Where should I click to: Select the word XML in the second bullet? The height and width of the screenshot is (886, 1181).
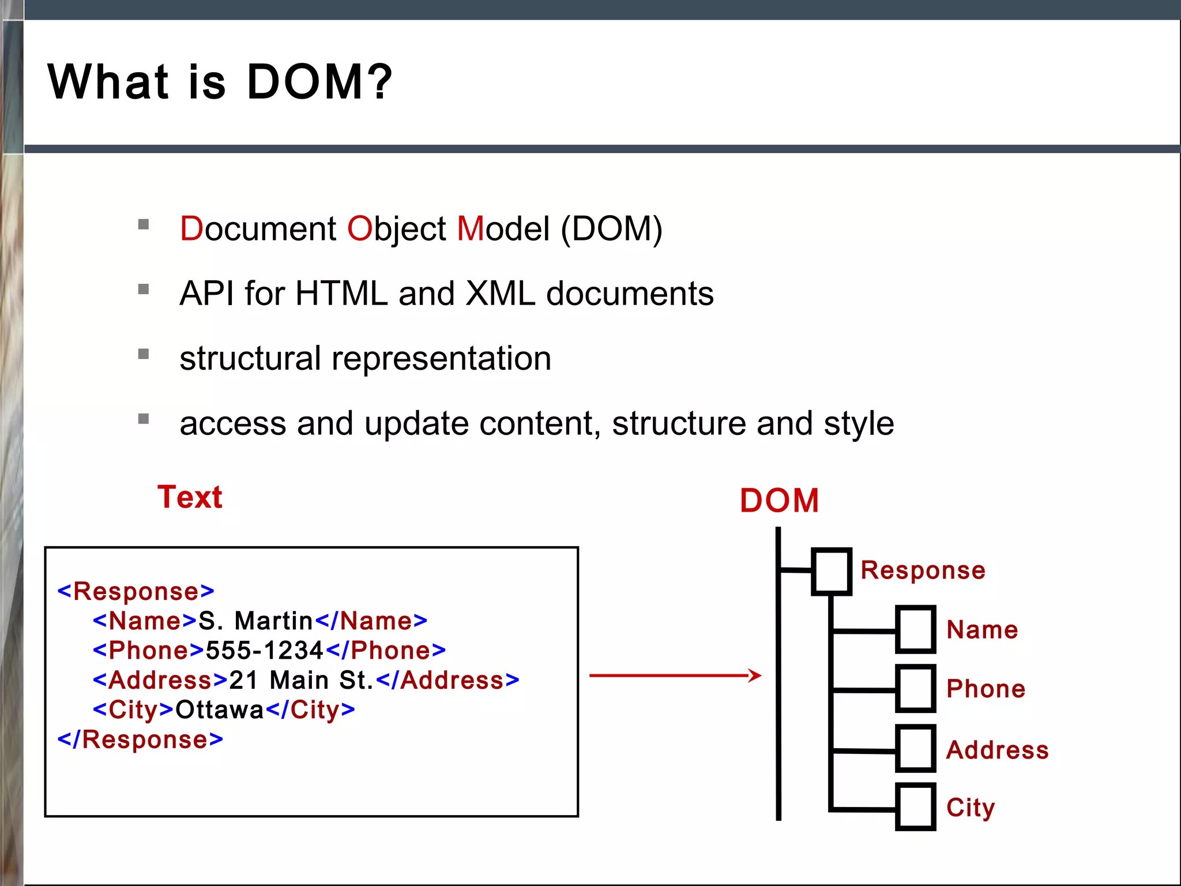pyautogui.click(x=500, y=294)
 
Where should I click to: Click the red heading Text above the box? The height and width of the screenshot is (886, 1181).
pyautogui.click(x=190, y=497)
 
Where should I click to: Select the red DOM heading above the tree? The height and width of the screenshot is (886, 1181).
pyautogui.click(x=779, y=500)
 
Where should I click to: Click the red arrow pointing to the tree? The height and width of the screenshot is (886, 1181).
pyautogui.click(x=675, y=675)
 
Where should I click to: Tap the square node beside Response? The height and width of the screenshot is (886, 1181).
pyautogui.click(x=831, y=572)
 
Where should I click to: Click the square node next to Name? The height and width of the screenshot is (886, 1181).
pyautogui.click(x=915, y=629)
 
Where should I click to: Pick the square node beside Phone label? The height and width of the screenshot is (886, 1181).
pyautogui.click(x=915, y=689)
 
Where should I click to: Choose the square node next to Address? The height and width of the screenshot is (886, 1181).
pyautogui.click(x=915, y=749)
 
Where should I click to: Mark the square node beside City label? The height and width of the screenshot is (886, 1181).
pyautogui.click(x=915, y=807)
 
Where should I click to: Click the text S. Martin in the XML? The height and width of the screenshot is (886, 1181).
pyautogui.click(x=255, y=621)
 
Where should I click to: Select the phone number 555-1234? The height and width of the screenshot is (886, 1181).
pyautogui.click(x=265, y=651)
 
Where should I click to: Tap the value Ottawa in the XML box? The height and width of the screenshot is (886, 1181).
pyautogui.click(x=219, y=710)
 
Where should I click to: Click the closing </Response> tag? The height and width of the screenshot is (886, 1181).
pyautogui.click(x=140, y=740)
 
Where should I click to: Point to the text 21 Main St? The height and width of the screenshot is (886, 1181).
pyautogui.click(x=302, y=681)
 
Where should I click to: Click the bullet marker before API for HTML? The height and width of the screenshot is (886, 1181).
pyautogui.click(x=144, y=289)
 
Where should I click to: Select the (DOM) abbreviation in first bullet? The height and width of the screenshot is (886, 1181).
pyautogui.click(x=611, y=229)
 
